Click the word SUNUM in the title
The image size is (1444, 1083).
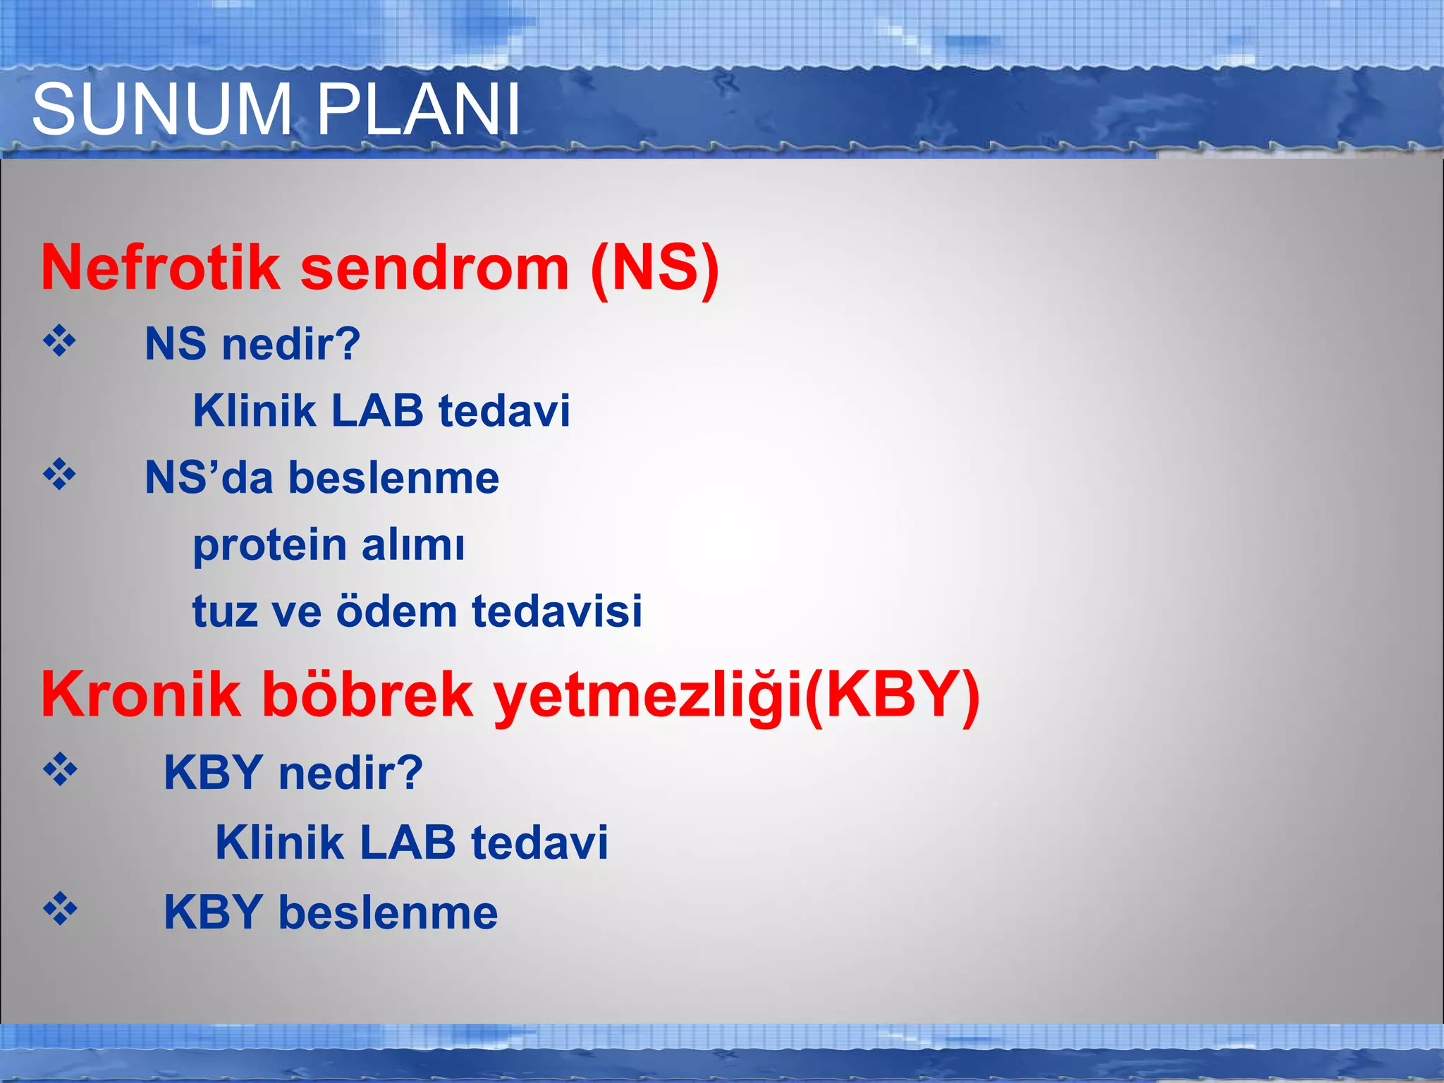161,109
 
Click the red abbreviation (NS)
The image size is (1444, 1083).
655,269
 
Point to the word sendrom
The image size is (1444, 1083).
435,269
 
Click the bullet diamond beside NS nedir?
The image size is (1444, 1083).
60,342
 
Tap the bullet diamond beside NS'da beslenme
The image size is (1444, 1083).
60,475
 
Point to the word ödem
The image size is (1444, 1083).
397,611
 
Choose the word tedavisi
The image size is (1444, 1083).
557,611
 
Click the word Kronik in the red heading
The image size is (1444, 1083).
141,695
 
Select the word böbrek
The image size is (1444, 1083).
367,695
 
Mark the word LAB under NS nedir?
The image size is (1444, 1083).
377,410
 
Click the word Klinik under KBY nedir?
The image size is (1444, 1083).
279,843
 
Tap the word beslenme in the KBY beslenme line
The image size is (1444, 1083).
388,912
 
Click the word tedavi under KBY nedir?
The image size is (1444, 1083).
539,843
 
